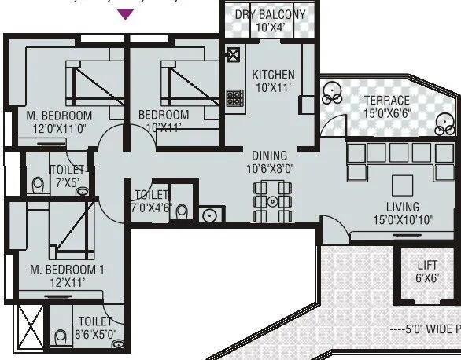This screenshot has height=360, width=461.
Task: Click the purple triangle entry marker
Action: point(125,13)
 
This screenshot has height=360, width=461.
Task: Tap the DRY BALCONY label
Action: point(270,14)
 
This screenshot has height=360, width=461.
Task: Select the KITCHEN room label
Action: point(273,75)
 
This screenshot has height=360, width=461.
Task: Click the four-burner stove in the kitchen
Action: point(234,98)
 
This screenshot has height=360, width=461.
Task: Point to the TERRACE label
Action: point(385,101)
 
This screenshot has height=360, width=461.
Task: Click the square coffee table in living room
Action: point(404,184)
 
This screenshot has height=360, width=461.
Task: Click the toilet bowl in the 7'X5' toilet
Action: point(38,185)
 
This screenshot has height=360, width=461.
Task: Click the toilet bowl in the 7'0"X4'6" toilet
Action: point(182,211)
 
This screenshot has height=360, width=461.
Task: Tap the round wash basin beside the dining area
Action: point(209,215)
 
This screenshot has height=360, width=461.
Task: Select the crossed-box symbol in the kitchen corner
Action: point(233,55)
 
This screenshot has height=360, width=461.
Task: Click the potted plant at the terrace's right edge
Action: point(446,122)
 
